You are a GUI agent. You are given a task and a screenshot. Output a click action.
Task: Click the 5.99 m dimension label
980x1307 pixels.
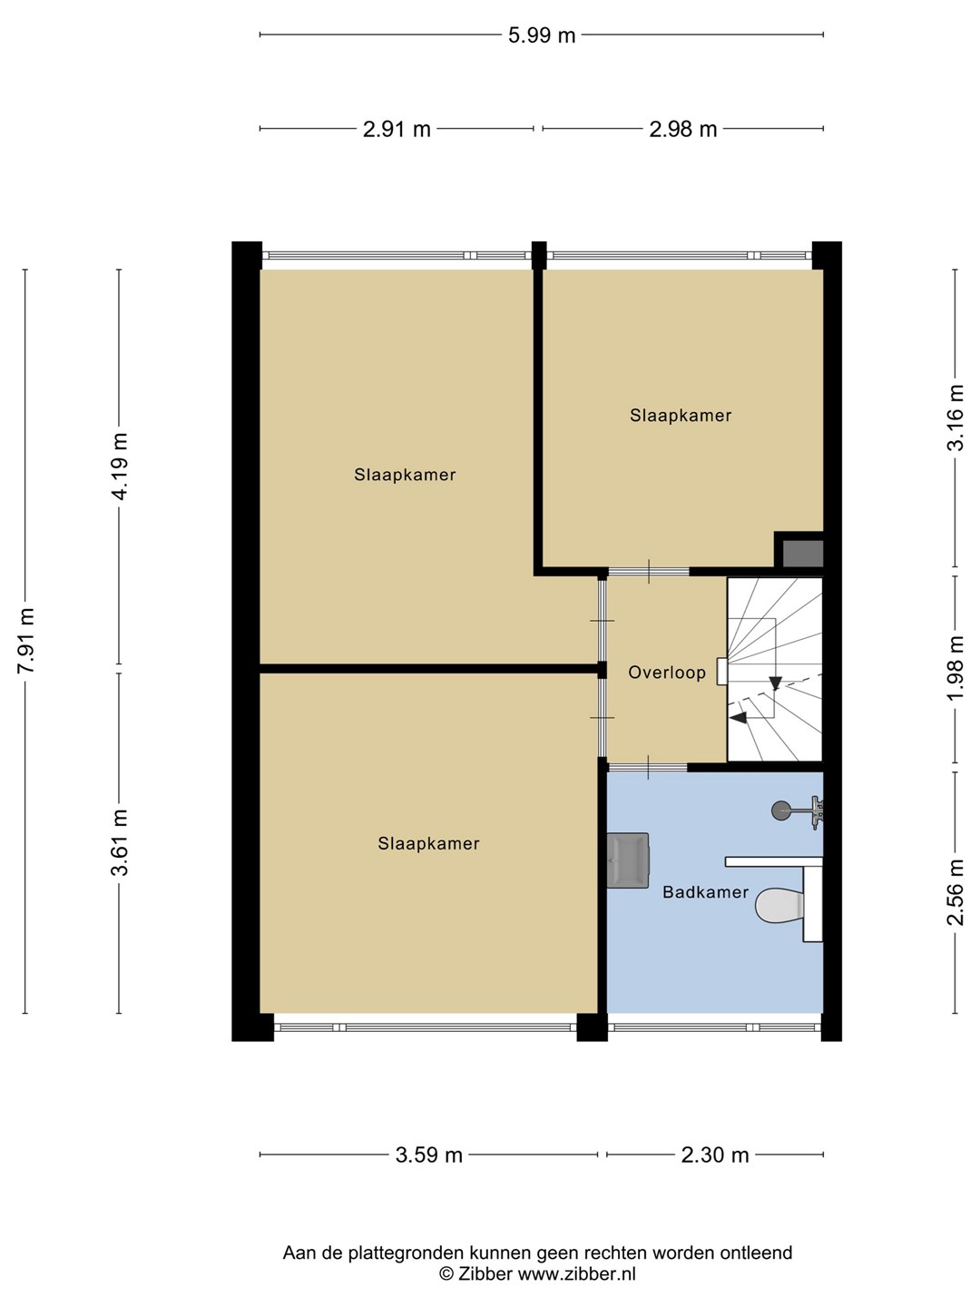point(542,35)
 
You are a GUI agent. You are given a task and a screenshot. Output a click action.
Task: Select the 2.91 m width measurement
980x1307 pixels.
point(397,129)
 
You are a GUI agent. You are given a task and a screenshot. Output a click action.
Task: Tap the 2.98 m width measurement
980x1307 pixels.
point(682,129)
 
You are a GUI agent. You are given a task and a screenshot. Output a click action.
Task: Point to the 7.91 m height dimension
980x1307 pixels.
point(26,641)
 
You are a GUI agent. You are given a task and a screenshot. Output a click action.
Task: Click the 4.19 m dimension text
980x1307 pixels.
point(120,467)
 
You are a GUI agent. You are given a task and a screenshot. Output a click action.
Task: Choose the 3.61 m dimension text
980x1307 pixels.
point(120,842)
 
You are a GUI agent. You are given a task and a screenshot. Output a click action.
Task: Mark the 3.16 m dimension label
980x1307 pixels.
point(955,418)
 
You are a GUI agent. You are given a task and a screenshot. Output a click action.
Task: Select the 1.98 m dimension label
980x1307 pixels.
point(955,668)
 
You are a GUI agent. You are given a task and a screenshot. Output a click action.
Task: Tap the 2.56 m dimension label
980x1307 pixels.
point(955,892)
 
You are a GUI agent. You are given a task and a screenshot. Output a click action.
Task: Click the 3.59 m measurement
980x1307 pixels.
point(428,1155)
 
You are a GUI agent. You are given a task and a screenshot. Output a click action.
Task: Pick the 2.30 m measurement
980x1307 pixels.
point(715,1155)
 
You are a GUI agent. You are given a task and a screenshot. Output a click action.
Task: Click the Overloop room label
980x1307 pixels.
point(667,673)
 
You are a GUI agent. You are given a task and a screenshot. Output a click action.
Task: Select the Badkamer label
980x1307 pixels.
point(706,892)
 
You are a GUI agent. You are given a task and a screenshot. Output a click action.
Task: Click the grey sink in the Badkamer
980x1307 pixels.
point(628,860)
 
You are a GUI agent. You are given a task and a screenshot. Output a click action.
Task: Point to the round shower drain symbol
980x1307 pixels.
point(781,810)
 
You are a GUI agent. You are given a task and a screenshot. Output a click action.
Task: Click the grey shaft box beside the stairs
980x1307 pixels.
point(803,554)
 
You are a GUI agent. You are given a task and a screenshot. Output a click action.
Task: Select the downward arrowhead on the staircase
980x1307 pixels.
point(775,683)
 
